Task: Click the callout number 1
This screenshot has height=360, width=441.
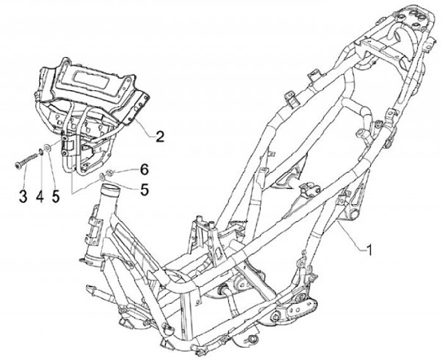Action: [x=369, y=250]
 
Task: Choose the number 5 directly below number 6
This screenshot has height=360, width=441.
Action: [x=145, y=189]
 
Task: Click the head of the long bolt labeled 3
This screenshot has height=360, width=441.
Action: [x=17, y=164]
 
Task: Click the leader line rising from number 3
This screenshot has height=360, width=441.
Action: [x=23, y=180]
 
